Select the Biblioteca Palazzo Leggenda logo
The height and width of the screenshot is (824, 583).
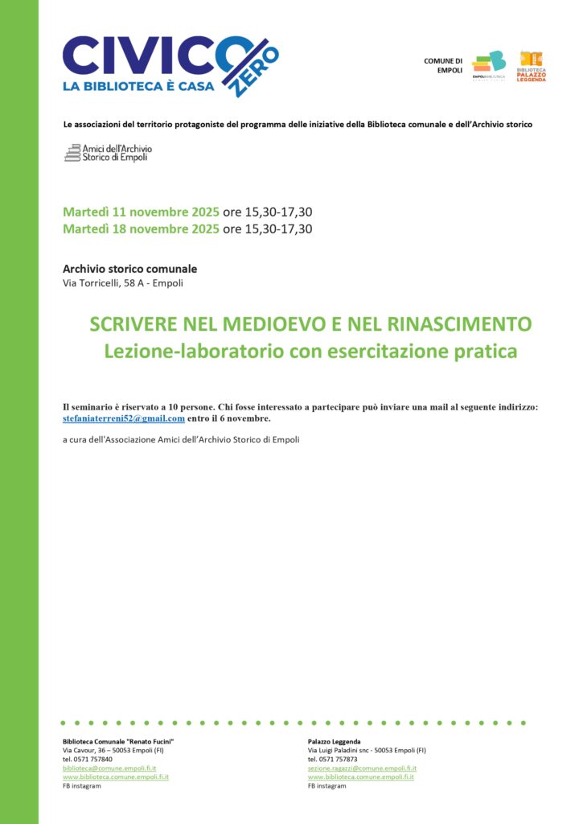pos(531,67)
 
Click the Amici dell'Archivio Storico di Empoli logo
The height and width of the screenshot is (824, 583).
pos(108,153)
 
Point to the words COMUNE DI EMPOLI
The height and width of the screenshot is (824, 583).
pos(443,65)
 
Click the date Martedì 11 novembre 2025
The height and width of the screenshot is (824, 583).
pos(141,212)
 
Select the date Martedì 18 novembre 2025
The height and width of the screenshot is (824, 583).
pos(141,229)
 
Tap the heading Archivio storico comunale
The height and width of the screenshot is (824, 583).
pos(129,269)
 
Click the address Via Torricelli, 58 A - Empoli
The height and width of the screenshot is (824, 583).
pos(128,283)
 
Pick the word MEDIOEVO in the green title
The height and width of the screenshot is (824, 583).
pos(267,324)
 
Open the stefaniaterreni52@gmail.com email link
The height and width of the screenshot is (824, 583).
pos(124,418)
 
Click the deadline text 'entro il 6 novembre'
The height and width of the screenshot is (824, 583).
pos(229,418)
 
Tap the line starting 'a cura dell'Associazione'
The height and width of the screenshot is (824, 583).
pos(181,439)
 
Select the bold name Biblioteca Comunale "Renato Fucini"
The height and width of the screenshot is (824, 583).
pos(118,741)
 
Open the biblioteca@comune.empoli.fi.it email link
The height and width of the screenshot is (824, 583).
pos(109,768)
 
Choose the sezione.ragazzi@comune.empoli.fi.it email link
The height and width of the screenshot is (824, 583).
pos(362,768)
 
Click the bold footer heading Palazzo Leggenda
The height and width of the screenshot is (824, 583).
pos(334,741)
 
